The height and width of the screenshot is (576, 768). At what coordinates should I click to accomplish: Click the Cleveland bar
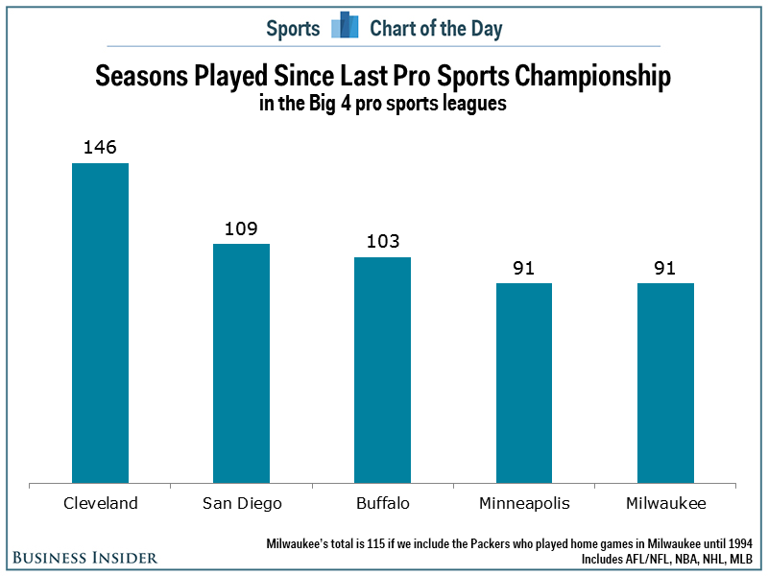101,323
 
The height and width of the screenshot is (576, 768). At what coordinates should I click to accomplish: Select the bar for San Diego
241,363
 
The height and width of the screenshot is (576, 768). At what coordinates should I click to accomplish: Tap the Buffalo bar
382,370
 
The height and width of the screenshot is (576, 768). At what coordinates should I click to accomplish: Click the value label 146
101,149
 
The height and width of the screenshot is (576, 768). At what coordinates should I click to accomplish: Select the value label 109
241,229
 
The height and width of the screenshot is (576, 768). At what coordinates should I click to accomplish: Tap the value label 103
382,242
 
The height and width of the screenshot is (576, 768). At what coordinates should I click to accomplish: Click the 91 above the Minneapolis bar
524,268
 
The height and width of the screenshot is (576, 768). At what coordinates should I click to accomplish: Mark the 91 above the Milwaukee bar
665,268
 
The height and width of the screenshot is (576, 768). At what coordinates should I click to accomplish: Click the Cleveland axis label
101,503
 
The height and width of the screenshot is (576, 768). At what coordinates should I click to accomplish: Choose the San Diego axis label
241,504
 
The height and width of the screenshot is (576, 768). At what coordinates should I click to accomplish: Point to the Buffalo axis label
382,503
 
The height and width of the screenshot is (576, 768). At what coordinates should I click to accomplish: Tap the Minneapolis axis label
524,504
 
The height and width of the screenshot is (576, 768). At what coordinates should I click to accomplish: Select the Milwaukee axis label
665,503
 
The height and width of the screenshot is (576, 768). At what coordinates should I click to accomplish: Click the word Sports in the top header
293,28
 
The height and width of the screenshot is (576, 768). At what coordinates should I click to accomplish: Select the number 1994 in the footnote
738,543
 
